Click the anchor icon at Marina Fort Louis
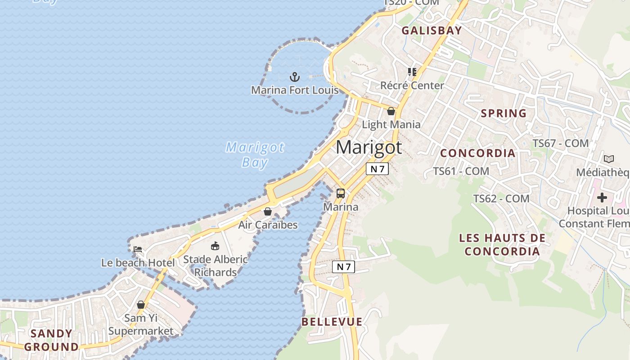(x=294, y=76)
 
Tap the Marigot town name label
(x=369, y=147)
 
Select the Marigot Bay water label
(x=255, y=154)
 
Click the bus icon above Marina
(x=341, y=193)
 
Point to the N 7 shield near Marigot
(x=377, y=169)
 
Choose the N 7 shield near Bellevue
(x=343, y=267)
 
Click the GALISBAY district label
(x=432, y=31)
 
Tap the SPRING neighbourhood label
(x=504, y=113)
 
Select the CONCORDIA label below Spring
(x=477, y=153)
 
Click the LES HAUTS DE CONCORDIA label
(x=502, y=244)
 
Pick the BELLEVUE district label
(x=332, y=322)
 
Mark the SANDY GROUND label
(x=51, y=340)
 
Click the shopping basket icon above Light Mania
(x=391, y=111)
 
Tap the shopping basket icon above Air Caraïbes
(x=268, y=211)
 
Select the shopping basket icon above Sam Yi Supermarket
(x=141, y=305)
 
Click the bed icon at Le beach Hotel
(x=138, y=249)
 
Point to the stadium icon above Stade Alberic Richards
(x=215, y=246)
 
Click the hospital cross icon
(x=602, y=197)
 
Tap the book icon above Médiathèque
(x=608, y=159)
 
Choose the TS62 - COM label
(x=501, y=198)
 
